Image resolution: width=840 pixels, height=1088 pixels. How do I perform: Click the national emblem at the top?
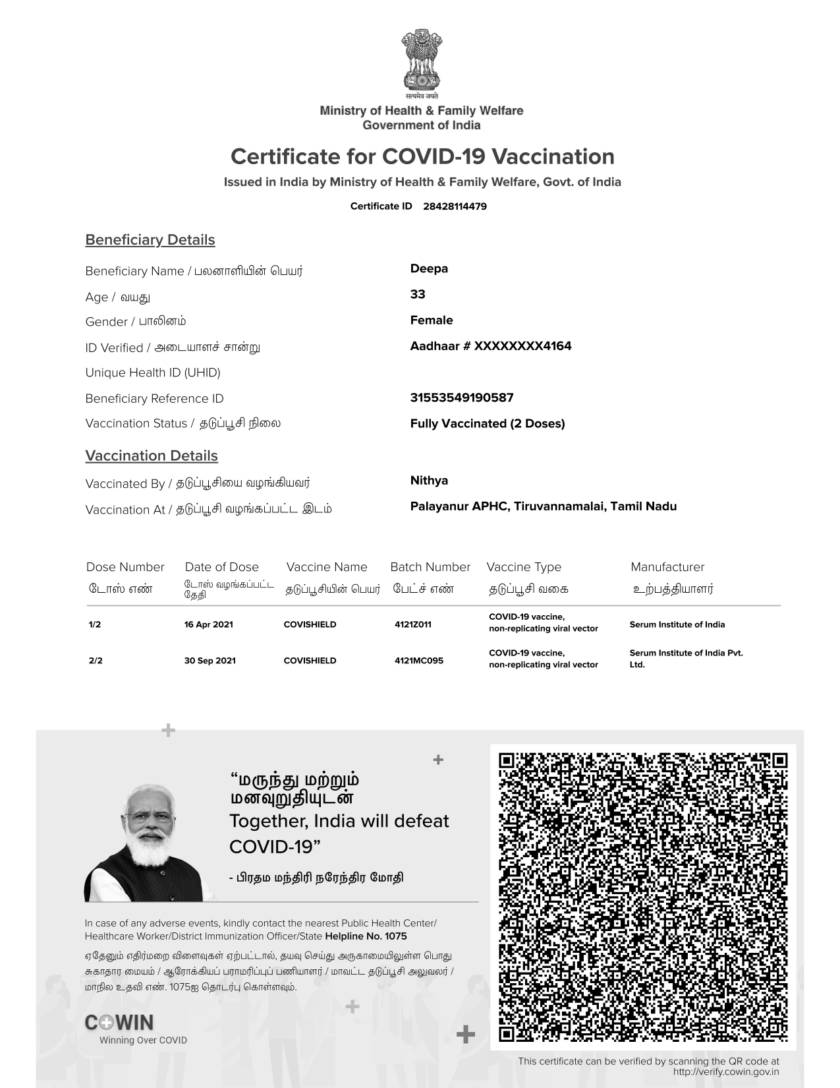coord(420,61)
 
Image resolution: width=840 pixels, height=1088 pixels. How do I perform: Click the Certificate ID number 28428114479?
coord(455,206)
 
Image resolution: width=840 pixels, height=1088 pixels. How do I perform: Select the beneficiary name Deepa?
coord(429,268)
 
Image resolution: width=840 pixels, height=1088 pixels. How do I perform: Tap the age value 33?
coord(418,294)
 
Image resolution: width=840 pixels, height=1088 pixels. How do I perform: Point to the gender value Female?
coord(432,320)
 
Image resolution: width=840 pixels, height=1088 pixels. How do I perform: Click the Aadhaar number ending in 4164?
coord(491,346)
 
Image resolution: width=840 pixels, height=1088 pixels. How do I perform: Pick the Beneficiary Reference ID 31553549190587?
coord(462,398)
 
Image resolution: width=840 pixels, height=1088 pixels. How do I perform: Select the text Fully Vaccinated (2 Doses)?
coord(488,423)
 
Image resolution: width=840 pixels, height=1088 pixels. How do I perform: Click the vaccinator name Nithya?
coord(429,481)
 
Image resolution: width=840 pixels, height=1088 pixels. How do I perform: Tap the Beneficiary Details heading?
coord(150,240)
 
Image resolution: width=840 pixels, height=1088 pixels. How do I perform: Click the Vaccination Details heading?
coord(152,456)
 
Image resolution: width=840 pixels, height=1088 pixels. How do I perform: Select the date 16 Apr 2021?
coord(209,624)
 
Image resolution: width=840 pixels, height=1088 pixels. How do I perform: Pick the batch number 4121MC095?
coord(419,661)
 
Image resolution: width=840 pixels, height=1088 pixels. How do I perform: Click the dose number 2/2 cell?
coord(96,661)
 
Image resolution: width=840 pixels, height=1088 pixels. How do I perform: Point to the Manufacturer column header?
coord(667,567)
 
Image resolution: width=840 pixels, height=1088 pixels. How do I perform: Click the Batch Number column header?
coord(430,567)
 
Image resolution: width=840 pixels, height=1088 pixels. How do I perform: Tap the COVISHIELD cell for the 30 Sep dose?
coord(310,661)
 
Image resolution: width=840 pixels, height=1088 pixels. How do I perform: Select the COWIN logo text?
coord(119,1023)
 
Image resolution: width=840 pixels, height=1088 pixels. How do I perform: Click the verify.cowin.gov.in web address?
coord(726,1072)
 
